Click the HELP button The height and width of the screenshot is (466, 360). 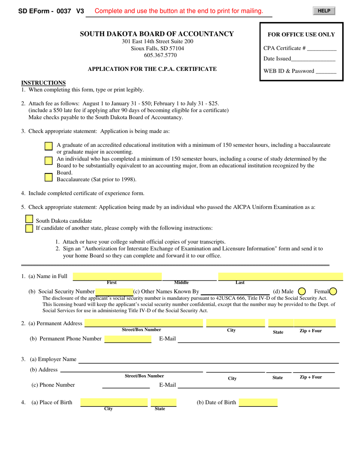[324, 11]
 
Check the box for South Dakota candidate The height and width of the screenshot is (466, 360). [29, 219]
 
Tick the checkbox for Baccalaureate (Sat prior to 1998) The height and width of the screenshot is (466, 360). [49, 177]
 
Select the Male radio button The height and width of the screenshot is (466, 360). [302, 291]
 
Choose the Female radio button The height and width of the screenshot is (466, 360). [333, 291]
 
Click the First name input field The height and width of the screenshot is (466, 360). [117, 277]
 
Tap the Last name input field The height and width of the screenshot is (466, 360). [280, 277]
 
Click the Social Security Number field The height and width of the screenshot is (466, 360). [114, 291]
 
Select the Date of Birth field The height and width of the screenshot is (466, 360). [258, 402]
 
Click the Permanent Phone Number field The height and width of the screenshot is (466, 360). [128, 339]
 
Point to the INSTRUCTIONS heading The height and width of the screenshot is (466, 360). [43, 83]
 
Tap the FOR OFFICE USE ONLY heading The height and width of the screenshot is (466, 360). [301, 34]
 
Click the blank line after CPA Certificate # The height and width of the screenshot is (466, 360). [322, 48]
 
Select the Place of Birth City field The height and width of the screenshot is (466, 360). [114, 402]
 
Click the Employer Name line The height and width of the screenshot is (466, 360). [208, 359]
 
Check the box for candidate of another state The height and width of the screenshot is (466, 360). [29, 228]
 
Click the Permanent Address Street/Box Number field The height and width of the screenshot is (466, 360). [144, 323]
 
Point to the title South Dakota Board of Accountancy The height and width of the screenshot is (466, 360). [157, 34]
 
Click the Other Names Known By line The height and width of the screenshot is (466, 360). [235, 291]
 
